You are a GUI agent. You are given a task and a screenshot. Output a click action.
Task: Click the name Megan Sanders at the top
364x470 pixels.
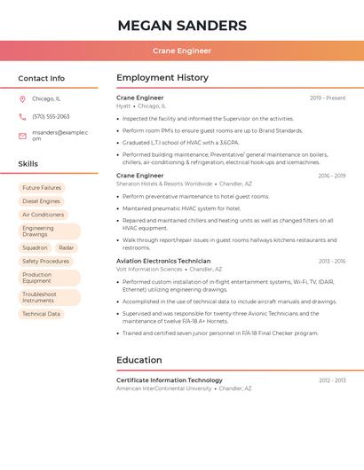coord(182,25)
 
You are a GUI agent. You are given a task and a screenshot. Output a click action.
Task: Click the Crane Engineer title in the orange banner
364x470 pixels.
coord(182,51)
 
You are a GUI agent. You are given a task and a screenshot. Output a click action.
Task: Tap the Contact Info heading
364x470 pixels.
coord(41,78)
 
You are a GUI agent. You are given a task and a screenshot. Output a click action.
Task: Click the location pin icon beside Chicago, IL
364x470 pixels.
coord(22,98)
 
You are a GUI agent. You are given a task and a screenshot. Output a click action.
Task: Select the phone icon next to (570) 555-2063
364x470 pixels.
coord(22,116)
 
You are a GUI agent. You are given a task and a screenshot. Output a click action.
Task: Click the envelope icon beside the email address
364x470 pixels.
coord(22,136)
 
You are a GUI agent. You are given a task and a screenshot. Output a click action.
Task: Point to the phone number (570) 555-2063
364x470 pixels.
coord(51,116)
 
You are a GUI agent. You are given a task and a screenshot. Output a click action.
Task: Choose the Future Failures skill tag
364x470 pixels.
coord(42,188)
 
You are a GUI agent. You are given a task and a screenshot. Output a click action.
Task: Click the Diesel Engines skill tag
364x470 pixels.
coord(41,201)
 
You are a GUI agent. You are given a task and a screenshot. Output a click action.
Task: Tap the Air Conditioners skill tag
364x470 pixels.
coord(43,215)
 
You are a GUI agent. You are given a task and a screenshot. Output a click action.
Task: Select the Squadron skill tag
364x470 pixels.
coord(35,248)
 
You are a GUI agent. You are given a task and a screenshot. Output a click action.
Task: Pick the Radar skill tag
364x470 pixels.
coord(67,248)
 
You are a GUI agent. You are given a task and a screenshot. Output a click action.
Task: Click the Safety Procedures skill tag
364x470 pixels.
coord(45,262)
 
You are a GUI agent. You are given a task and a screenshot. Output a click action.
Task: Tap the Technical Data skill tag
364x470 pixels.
coord(41,314)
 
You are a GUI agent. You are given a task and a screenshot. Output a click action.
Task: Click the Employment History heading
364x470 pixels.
coord(162,78)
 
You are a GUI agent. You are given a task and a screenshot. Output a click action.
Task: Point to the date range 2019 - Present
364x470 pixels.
coord(328,98)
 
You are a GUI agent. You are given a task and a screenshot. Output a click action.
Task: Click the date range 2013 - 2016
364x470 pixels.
coord(332,262)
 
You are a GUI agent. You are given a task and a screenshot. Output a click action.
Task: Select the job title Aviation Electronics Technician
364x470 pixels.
coord(163,262)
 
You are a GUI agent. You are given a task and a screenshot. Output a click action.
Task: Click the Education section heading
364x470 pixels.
coord(139,360)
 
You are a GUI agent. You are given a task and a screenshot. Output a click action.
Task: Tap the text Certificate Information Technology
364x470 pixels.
coord(170,380)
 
